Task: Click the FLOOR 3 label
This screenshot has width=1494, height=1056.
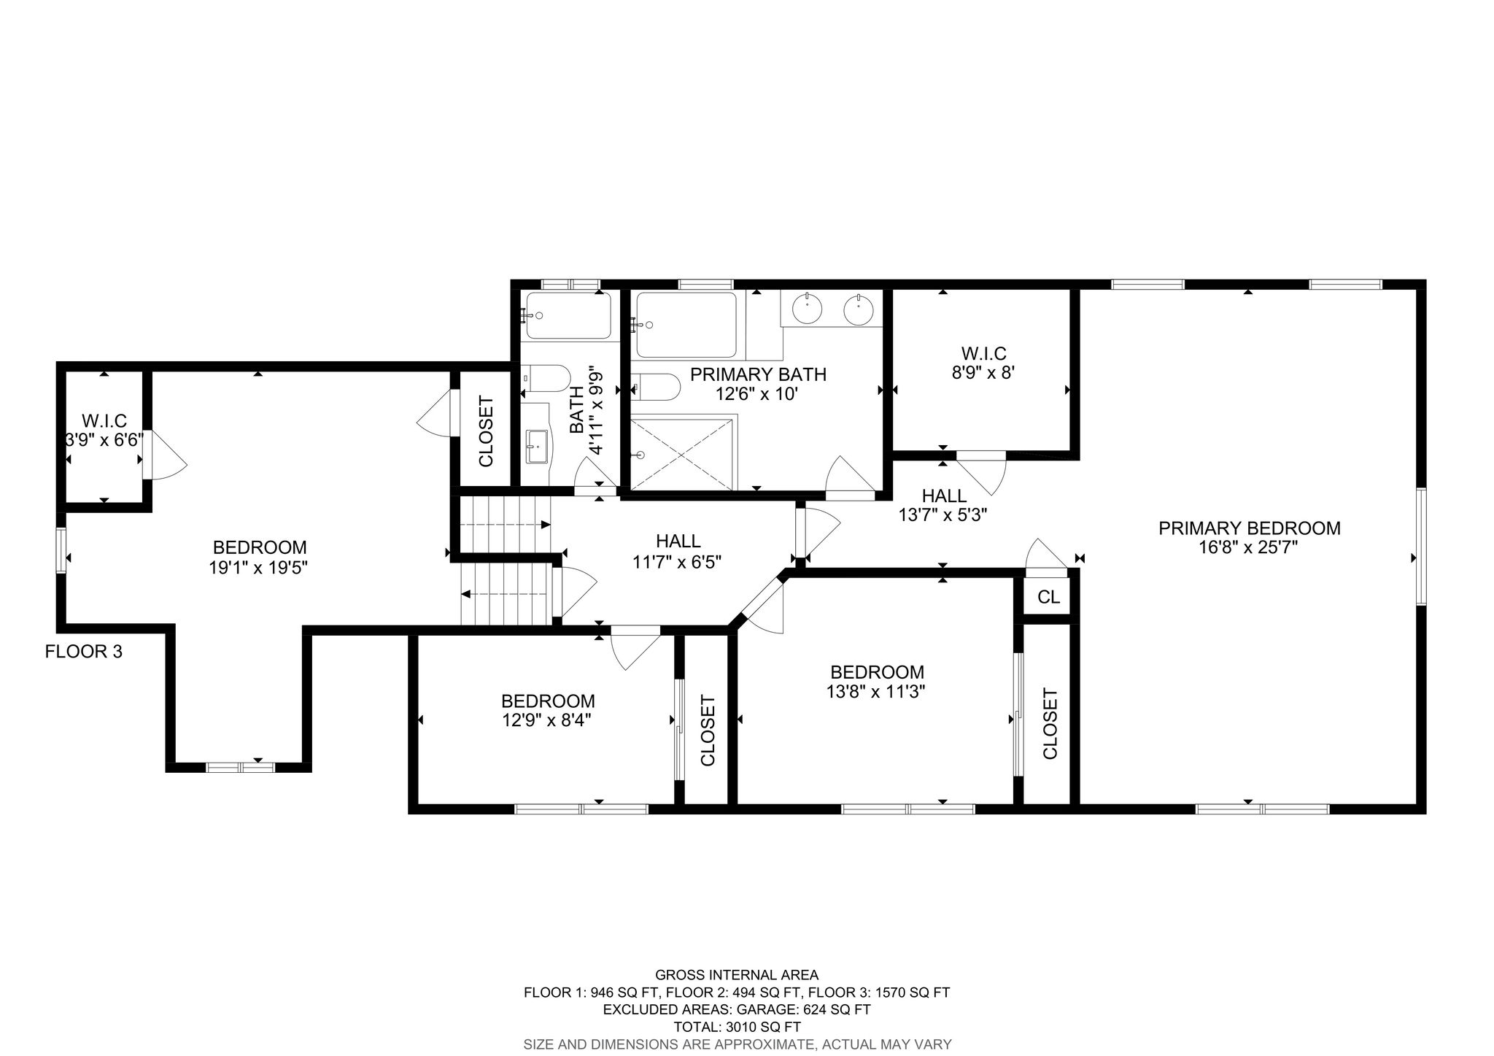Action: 83,652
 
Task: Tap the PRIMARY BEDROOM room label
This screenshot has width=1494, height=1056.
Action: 1249,528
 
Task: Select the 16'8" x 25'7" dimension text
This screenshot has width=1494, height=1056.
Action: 1249,547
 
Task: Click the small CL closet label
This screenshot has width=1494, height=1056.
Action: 1048,598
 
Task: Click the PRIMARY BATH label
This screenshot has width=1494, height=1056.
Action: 758,374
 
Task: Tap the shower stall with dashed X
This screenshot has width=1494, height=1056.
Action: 681,452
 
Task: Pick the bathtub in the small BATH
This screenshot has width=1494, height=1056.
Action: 568,315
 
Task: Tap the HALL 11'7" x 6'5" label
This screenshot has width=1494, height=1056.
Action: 678,551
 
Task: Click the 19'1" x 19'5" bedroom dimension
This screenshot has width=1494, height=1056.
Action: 259,567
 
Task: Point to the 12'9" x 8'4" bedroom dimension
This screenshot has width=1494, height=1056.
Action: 547,721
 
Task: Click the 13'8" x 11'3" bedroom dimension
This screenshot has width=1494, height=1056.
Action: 877,691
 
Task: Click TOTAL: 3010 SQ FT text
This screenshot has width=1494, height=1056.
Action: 737,1027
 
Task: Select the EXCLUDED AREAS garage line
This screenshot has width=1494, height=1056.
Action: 737,1010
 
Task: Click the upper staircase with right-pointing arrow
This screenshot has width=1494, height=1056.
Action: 503,525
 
